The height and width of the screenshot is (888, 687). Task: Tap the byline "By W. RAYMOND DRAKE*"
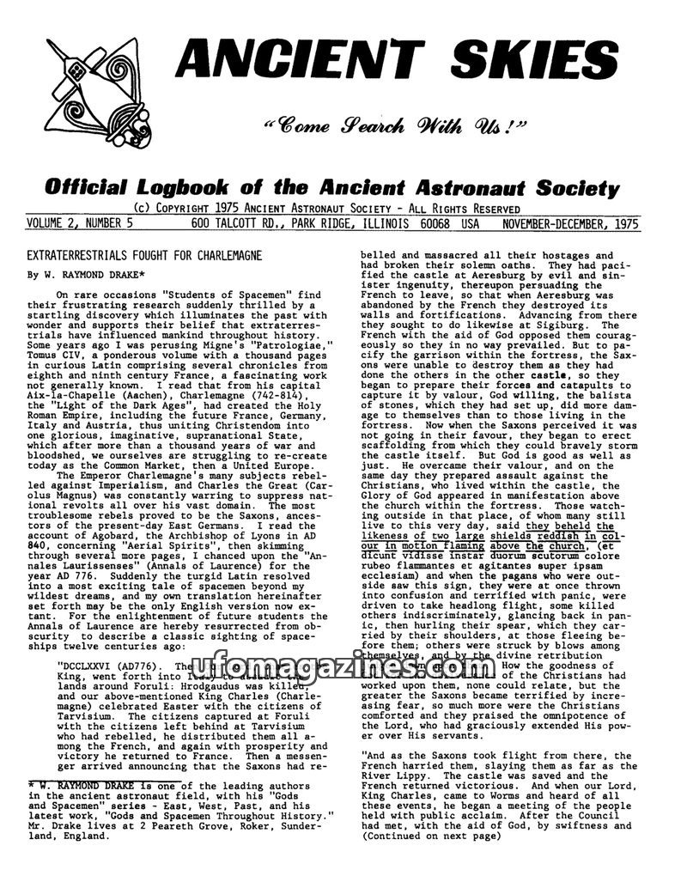pyautogui.click(x=81, y=276)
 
